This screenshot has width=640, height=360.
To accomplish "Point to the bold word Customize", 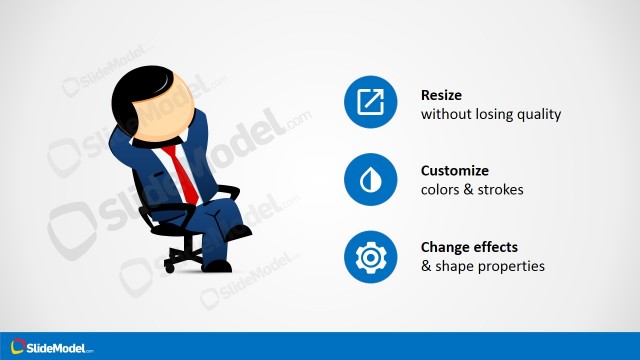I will [x=455, y=171].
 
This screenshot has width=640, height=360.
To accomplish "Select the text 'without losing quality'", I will [x=491, y=114].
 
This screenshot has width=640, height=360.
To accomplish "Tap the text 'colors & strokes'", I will [x=472, y=190].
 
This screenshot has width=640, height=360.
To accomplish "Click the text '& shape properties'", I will [x=483, y=267].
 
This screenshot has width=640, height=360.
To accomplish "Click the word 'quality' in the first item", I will [x=539, y=114].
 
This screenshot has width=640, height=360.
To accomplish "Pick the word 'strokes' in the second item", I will [x=500, y=190].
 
